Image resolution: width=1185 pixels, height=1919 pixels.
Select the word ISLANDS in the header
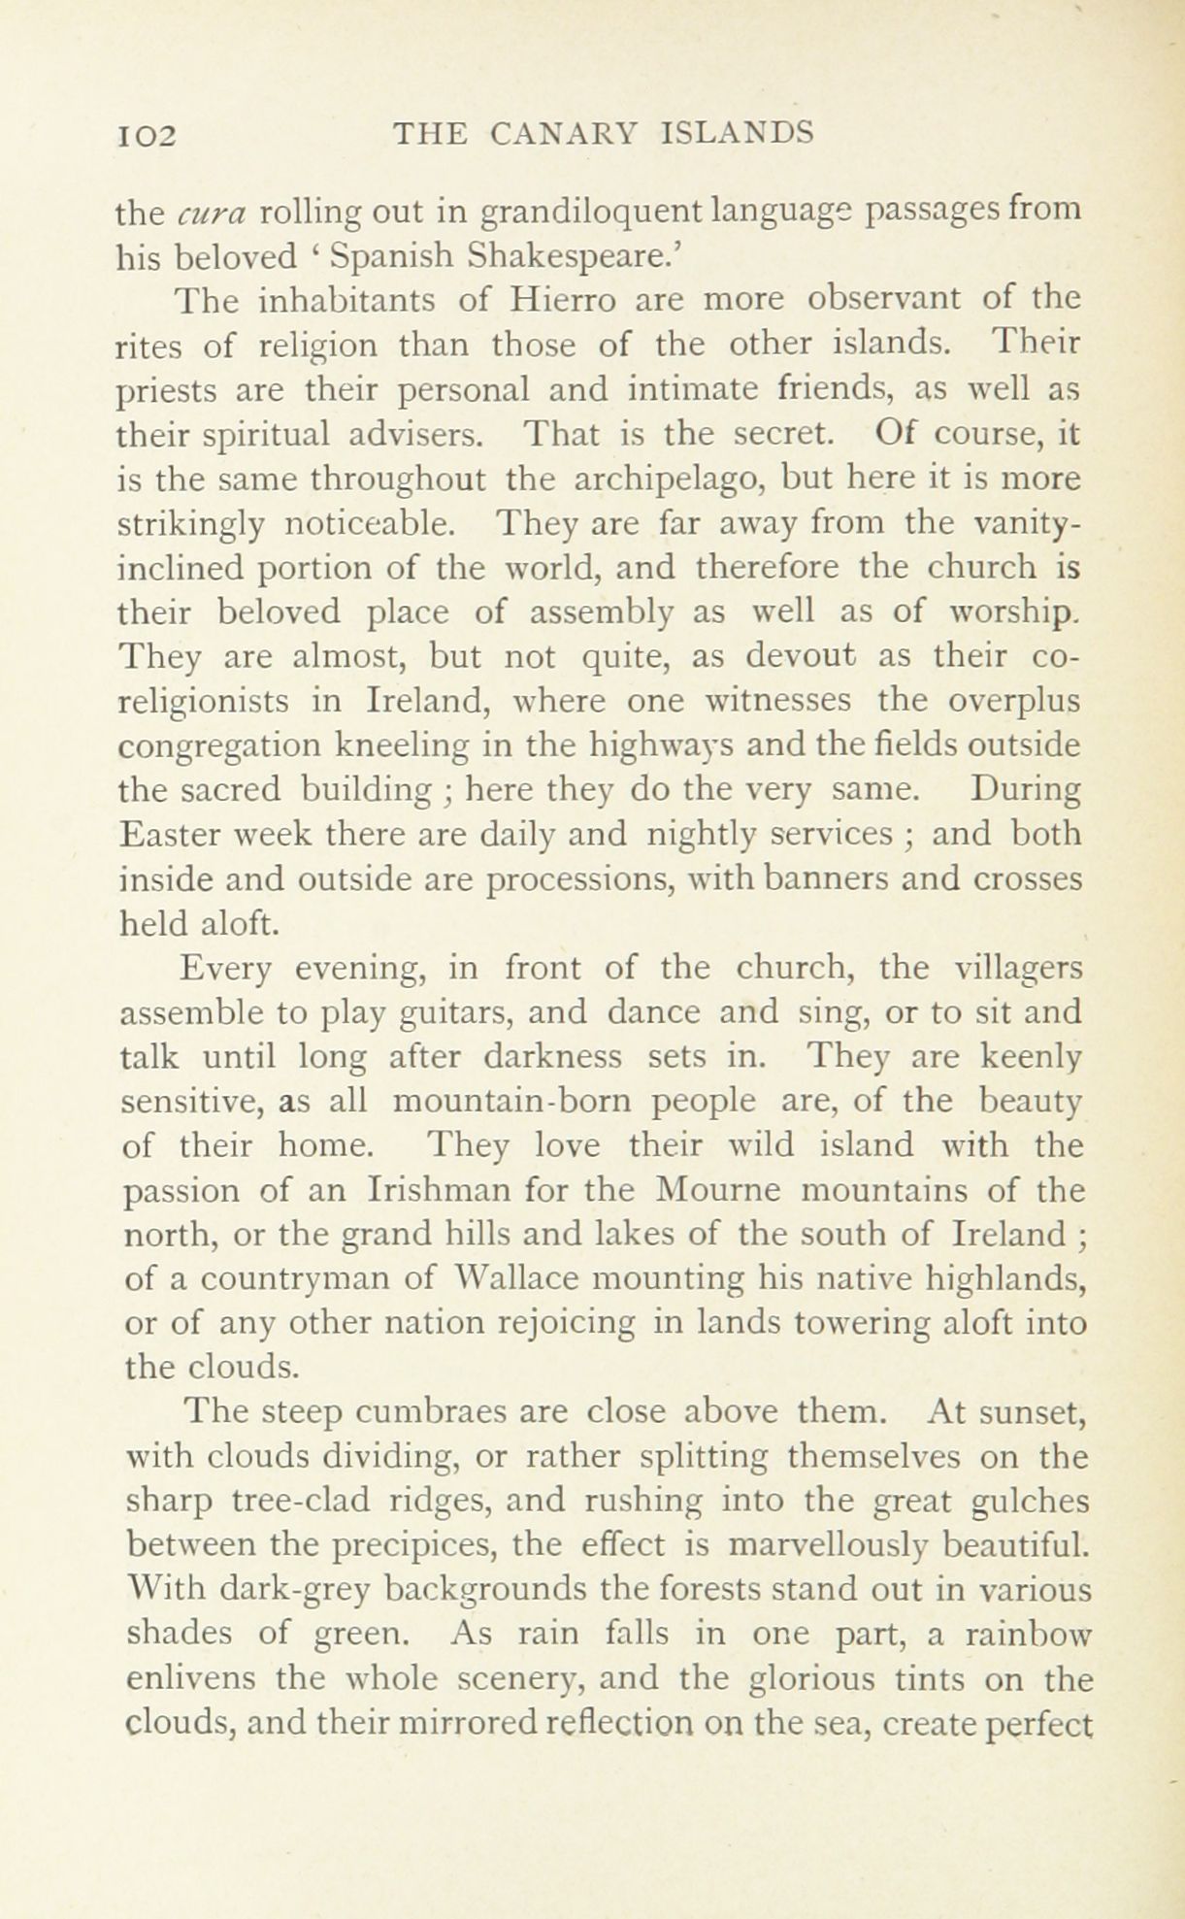coord(736,132)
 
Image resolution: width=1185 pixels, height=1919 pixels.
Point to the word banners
coord(807,879)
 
